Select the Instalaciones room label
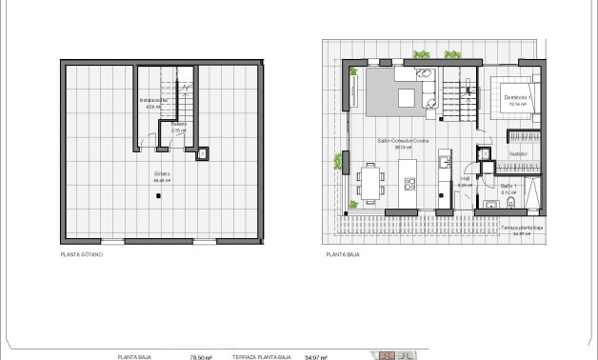click(x=153, y=100)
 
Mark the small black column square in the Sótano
click(x=158, y=194)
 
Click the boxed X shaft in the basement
click(x=201, y=152)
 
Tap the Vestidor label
click(x=518, y=153)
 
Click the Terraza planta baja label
click(x=520, y=229)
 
